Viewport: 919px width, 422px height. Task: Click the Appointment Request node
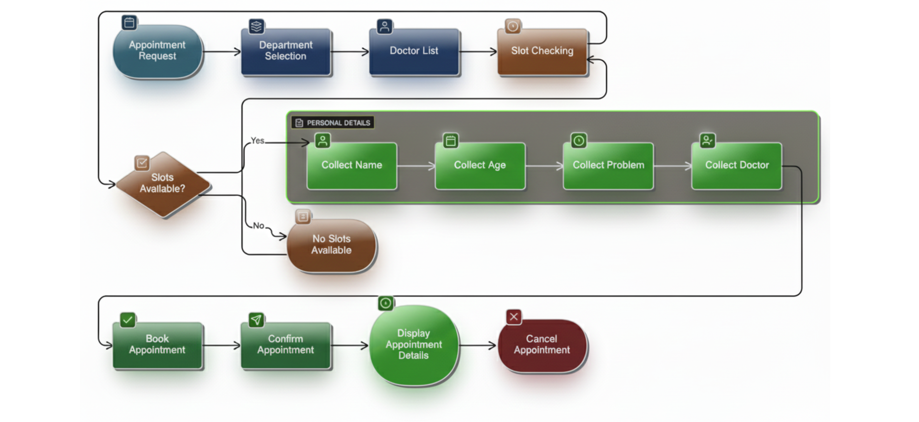coord(157,51)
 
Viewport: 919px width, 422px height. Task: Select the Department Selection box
coord(286,51)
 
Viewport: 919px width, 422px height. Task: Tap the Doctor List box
coord(414,51)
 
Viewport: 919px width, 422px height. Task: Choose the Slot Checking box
coord(542,51)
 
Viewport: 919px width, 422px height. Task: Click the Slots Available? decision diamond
coord(163,184)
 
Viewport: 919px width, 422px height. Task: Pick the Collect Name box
coord(352,165)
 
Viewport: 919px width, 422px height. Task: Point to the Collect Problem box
coord(608,165)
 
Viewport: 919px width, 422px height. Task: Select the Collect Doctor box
coord(737,165)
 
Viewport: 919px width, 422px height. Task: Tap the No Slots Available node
coord(332,245)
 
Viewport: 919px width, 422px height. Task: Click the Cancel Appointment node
coord(542,345)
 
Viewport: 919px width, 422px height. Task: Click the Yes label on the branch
coord(257,141)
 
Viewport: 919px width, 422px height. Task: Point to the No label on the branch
coord(258,226)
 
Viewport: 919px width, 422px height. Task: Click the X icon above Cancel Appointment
coord(514,317)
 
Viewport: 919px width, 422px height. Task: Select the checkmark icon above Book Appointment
coord(128,320)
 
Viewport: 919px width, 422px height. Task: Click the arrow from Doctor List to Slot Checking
coord(477,52)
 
